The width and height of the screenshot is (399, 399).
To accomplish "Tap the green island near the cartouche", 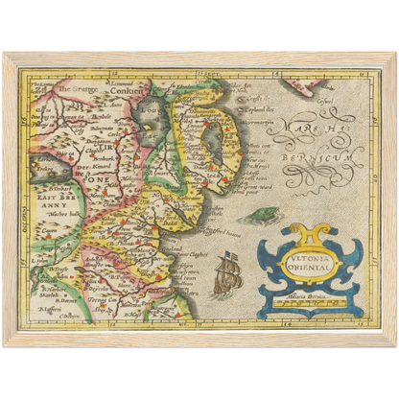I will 259,216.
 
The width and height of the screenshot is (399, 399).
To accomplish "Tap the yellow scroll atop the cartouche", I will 307,233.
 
